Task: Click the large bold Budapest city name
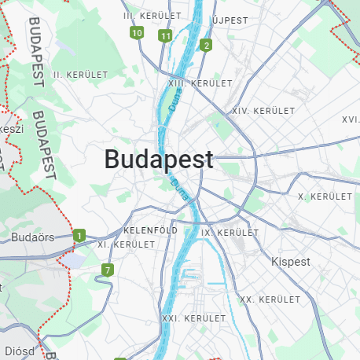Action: pos(159,160)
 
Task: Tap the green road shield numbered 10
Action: pos(137,33)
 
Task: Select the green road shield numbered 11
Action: pos(165,36)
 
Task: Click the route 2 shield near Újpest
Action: pos(206,46)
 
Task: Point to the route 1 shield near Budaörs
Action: pos(79,236)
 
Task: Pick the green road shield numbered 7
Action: pos(107,270)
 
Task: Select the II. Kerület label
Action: pos(79,74)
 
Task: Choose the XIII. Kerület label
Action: pos(200,83)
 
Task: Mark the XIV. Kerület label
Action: pos(263,111)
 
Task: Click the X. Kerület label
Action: pos(325,196)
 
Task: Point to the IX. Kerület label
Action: pos(230,233)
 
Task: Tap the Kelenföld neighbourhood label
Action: pos(150,230)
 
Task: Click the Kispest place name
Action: pos(290,261)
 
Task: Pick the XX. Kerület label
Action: pos(270,299)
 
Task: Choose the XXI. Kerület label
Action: pos(186,318)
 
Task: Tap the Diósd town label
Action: pos(21,351)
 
